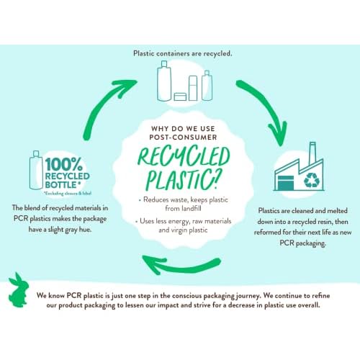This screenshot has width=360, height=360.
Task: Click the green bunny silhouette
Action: coord(18,292)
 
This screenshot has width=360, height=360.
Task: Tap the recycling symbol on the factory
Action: coord(312,180)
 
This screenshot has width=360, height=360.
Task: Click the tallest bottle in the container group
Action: coord(164,81)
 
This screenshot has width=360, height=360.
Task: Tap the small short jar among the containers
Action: coord(180,96)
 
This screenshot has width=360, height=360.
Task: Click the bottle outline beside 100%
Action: coord(35,170)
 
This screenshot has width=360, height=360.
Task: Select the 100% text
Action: coord(64,164)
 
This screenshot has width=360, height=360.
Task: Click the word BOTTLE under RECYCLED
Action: coord(61,185)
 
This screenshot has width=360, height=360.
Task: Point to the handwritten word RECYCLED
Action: coord(184,156)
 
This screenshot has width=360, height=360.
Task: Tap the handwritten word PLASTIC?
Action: coord(182,179)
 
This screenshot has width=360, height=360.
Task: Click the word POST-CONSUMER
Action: coord(183,138)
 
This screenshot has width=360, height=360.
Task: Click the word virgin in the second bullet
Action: coord(179,230)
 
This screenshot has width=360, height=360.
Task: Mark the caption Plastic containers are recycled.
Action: coord(183,53)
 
